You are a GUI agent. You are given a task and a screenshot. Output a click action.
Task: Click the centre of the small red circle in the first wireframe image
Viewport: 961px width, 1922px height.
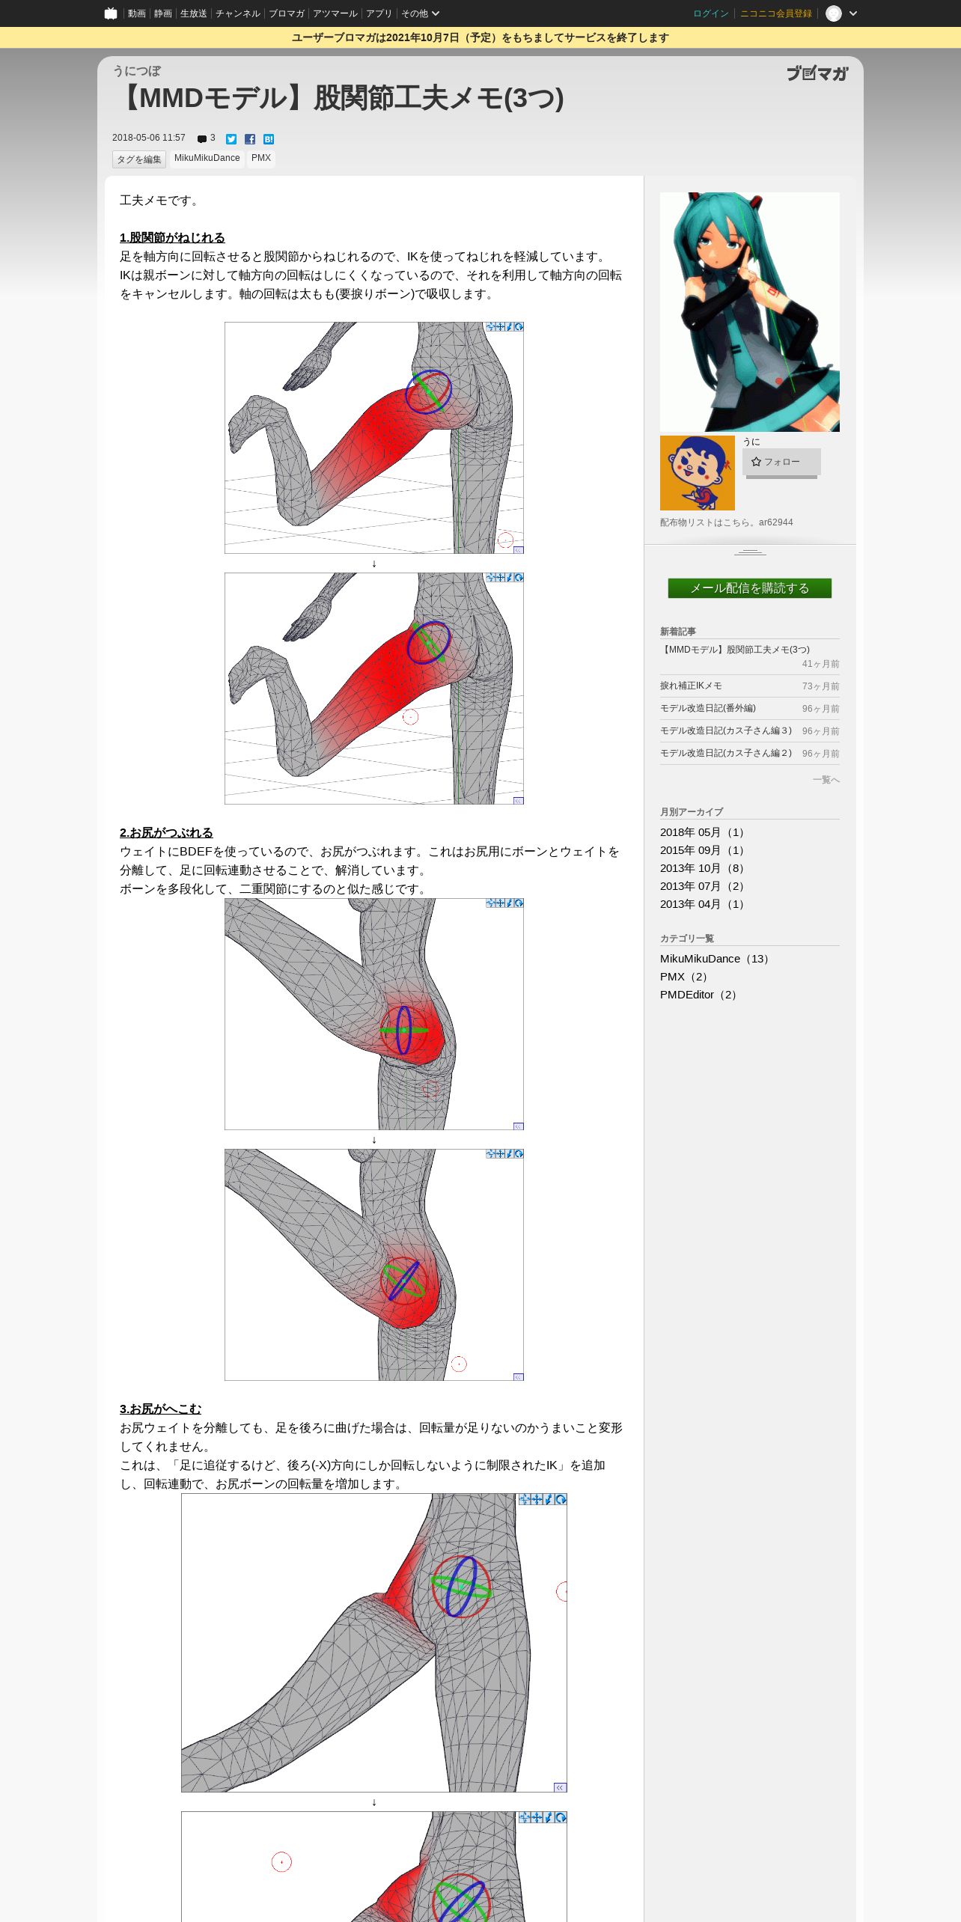506,540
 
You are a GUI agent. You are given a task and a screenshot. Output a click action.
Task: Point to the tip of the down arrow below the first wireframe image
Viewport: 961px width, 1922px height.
374,567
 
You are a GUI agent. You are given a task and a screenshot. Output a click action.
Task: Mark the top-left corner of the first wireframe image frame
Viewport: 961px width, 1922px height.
225,323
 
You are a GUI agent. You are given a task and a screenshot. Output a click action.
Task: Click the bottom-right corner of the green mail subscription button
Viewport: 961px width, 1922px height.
832,598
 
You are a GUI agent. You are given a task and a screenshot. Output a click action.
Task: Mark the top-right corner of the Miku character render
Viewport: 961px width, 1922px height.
840,192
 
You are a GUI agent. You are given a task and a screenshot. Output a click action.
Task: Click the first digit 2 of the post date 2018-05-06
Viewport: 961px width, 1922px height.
115,138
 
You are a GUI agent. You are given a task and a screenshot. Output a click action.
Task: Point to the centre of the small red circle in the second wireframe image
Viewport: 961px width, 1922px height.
411,717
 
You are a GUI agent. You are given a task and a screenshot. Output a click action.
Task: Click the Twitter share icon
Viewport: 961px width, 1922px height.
231,139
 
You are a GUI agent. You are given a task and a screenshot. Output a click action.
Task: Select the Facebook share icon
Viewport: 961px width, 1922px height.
250,139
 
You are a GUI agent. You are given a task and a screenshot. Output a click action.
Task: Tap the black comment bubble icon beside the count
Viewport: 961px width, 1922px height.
202,139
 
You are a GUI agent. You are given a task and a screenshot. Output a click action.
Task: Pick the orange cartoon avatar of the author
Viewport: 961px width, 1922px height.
698,473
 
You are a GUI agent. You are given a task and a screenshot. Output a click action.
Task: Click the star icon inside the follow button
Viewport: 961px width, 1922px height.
756,462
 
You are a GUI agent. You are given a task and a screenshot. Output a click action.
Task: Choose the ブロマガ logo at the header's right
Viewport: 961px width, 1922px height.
817,73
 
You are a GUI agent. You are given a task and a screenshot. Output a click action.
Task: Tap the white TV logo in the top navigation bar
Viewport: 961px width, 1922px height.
111,13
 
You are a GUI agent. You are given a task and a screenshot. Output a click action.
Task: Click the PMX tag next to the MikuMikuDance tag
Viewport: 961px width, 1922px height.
261,159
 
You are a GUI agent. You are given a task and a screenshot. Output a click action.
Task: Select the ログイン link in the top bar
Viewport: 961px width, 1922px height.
710,13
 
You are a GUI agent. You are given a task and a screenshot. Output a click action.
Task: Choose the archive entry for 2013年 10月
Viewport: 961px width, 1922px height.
702,868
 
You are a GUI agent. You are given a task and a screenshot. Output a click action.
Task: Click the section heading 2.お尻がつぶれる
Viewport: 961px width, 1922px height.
166,832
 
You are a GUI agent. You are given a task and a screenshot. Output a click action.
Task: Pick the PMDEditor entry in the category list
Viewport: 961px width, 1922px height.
698,995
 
